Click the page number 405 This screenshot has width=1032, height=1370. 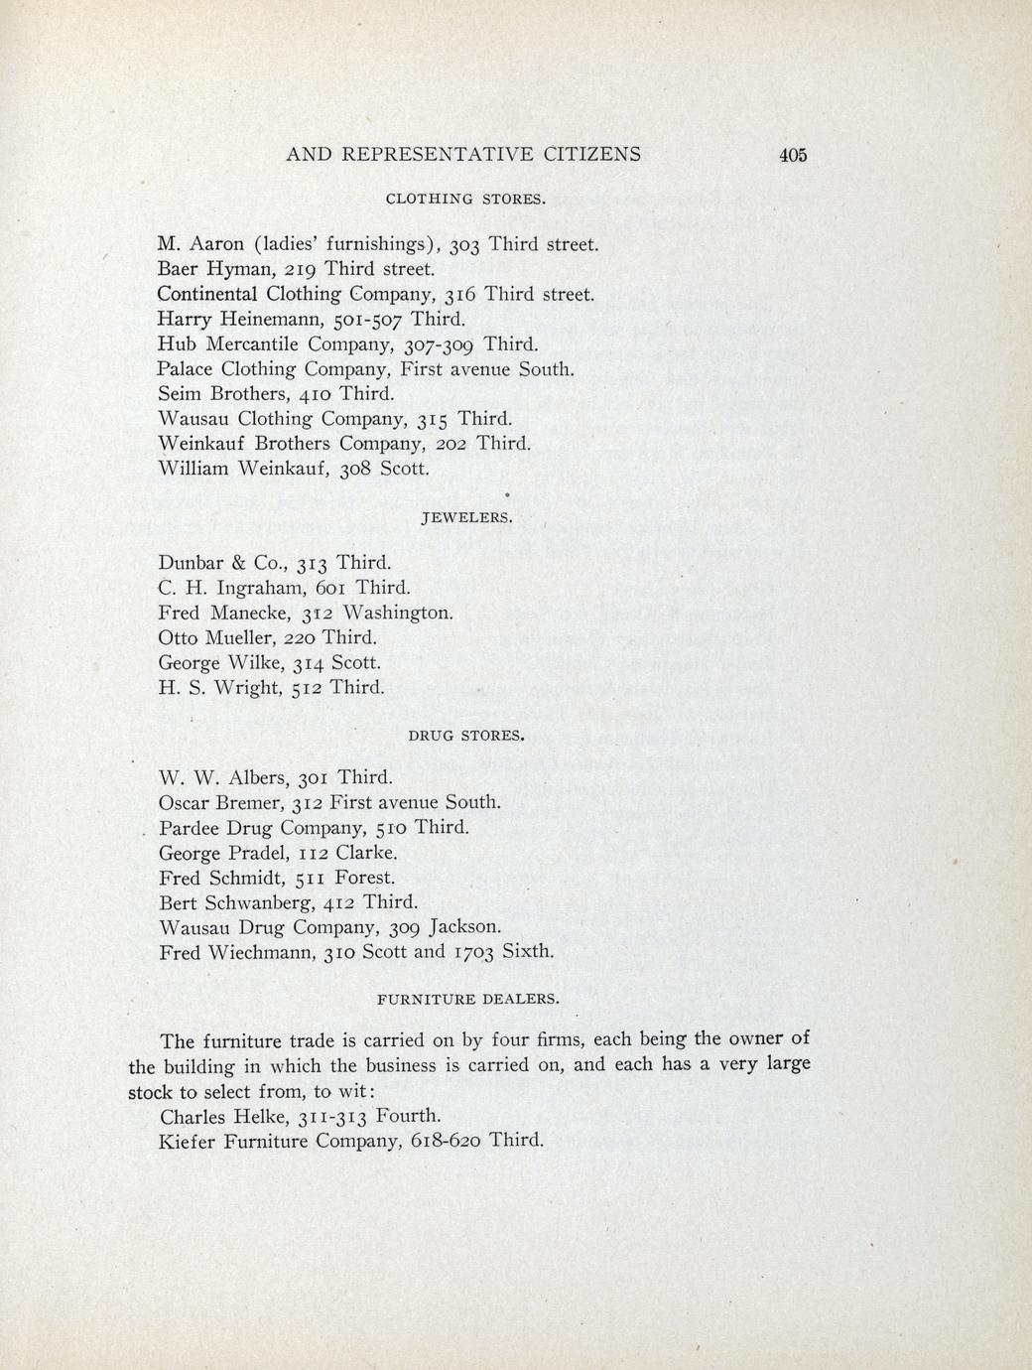[794, 155]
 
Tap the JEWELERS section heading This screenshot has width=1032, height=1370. [467, 518]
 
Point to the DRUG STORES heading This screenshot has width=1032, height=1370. [465, 737]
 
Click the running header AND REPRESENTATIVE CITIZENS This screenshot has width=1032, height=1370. [462, 154]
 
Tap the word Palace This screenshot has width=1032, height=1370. [192, 369]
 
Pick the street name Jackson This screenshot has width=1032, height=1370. [464, 927]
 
